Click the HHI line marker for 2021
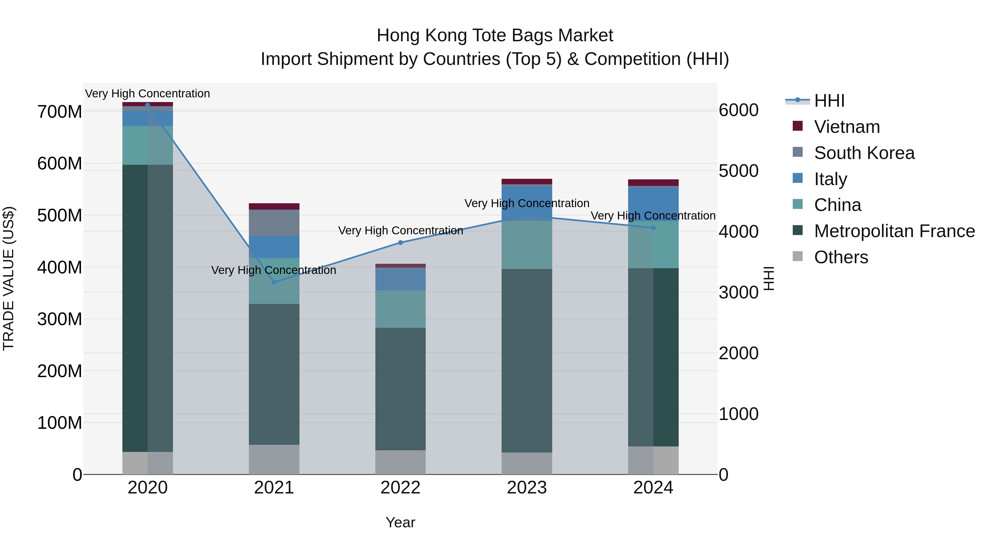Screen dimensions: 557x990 [x=274, y=282]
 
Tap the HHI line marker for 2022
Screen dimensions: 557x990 [x=400, y=243]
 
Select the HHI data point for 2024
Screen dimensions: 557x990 [x=653, y=227]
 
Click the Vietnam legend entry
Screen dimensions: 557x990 [x=847, y=127]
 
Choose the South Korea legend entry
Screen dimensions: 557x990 [x=864, y=153]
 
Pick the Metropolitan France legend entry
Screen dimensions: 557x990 [x=894, y=231]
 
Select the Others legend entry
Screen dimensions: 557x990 [x=841, y=257]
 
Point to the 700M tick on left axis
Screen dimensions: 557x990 [x=60, y=112]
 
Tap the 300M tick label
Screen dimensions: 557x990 [x=60, y=319]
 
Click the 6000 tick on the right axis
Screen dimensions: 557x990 [x=738, y=110]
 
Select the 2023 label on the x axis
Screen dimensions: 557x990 [x=527, y=487]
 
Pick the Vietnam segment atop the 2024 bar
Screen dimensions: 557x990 [x=653, y=183]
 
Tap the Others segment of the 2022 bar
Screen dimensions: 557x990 [x=400, y=462]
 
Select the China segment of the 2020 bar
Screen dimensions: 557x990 [x=148, y=145]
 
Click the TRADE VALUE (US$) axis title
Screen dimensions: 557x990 [x=9, y=278]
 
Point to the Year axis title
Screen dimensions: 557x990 [x=400, y=522]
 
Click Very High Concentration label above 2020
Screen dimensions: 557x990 [x=148, y=94]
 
